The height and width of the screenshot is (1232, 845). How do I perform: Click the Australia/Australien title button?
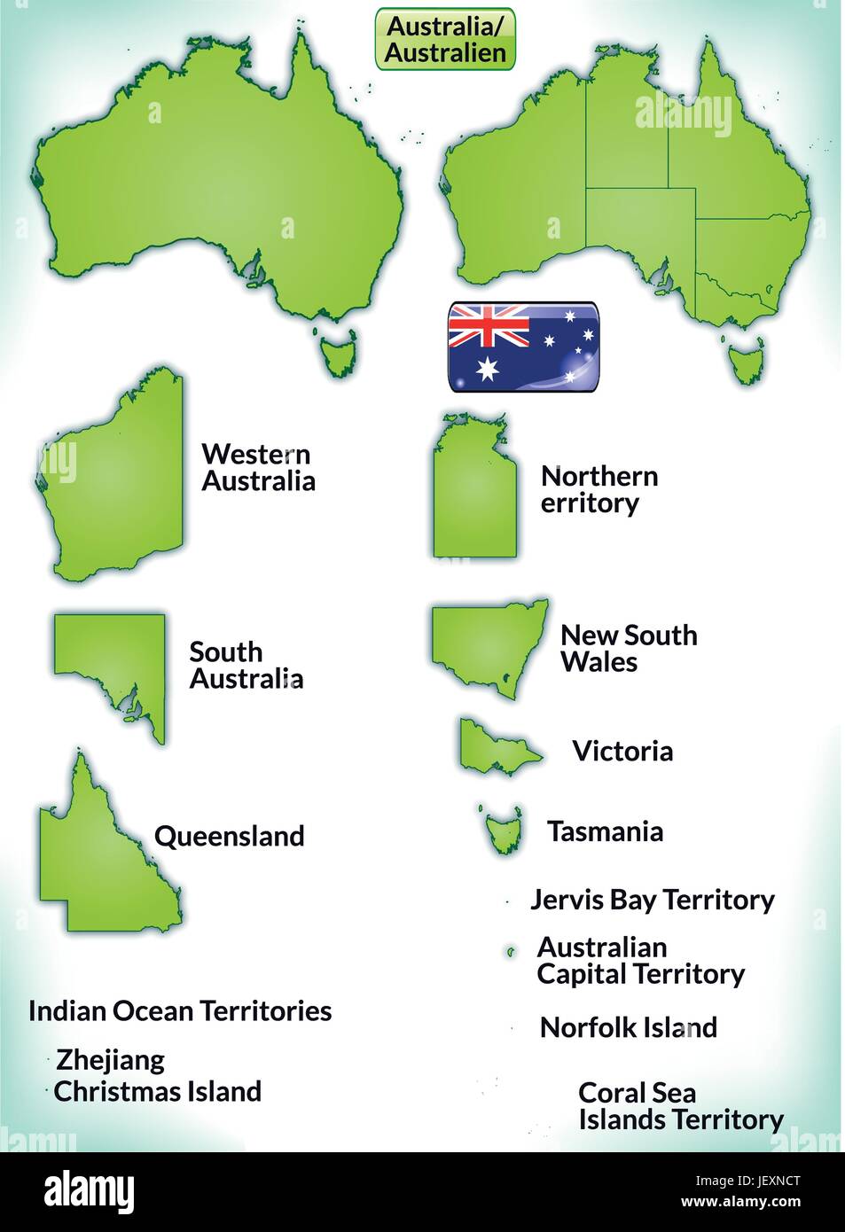coord(445,40)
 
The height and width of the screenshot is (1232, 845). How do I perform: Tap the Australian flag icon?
coord(523,347)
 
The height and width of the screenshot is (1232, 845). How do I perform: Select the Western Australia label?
coord(258,467)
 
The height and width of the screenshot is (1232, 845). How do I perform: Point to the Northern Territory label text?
coord(599,489)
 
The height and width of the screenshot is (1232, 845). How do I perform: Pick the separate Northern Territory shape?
coord(473,496)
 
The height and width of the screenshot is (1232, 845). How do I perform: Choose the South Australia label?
coord(246,666)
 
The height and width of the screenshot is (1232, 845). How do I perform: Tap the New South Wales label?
coord(628,648)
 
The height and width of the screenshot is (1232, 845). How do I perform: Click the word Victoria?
coord(622,752)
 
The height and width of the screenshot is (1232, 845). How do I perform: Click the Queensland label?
coord(229,836)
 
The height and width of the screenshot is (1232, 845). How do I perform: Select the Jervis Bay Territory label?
coord(652,900)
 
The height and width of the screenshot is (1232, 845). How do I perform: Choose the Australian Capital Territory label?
coord(640,961)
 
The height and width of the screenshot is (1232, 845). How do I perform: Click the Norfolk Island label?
coord(628,1027)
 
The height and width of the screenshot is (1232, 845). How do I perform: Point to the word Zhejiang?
coord(110,1060)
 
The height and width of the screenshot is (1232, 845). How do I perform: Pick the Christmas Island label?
coord(157,1091)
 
